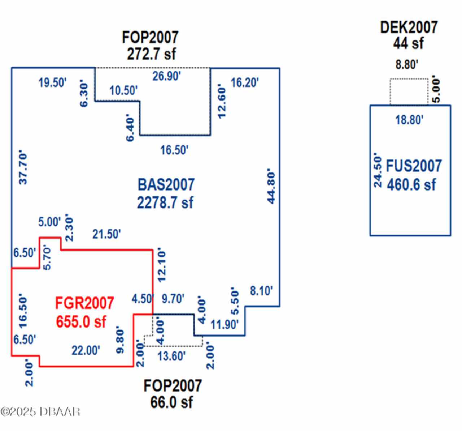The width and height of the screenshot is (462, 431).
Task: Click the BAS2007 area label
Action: (166, 184)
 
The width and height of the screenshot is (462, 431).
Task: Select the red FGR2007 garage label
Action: (84, 303)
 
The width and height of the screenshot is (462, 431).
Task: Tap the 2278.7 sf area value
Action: (165, 202)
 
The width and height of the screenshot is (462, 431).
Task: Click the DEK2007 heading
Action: (409, 27)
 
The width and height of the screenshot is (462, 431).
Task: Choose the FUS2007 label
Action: (414, 166)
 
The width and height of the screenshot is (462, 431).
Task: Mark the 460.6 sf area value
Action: (411, 184)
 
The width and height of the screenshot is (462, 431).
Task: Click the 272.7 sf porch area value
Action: (151, 54)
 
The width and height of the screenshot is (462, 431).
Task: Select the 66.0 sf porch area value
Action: (171, 402)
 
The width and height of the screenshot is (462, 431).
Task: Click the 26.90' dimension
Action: (166, 76)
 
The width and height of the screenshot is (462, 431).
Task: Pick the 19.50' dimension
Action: (53, 82)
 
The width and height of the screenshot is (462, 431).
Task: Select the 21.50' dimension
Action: (106, 234)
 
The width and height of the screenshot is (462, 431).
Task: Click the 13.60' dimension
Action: (171, 356)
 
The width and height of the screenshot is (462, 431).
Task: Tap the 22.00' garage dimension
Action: (86, 350)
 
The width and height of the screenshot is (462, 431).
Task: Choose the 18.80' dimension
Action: (409, 120)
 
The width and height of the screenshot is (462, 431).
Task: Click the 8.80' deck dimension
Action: (407, 65)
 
